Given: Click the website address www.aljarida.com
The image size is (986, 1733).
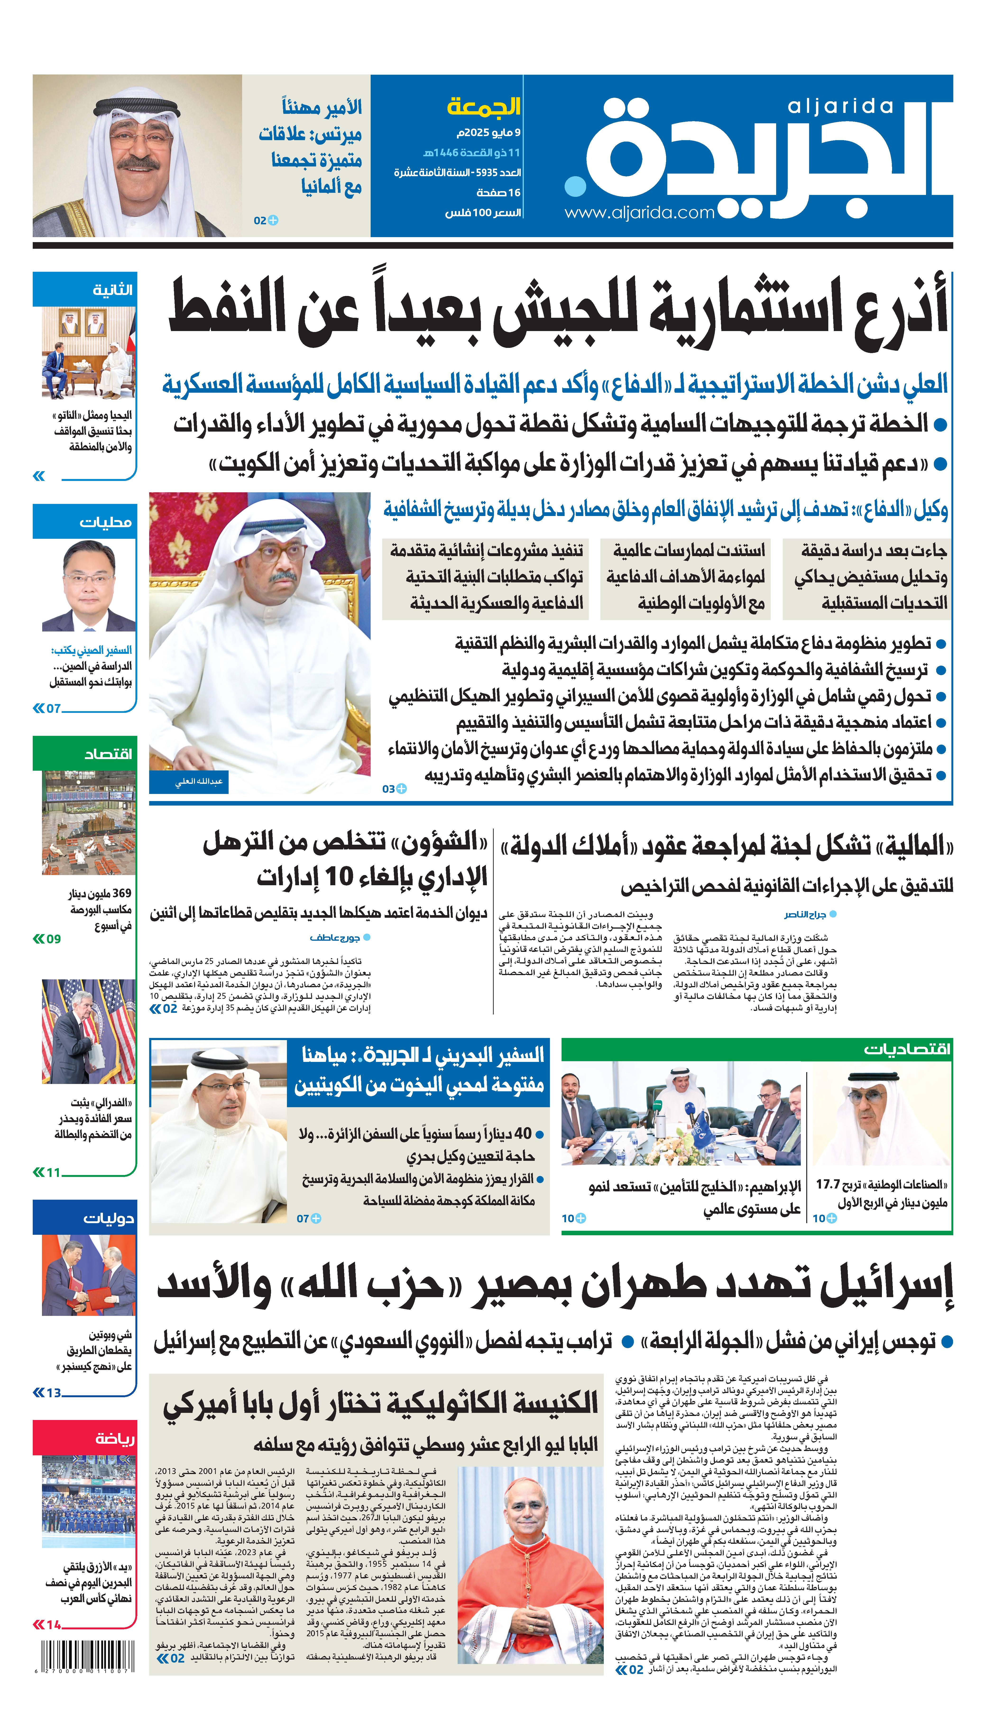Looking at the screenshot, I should click(x=639, y=213).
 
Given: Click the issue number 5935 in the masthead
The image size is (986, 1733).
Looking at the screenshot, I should click(x=486, y=173).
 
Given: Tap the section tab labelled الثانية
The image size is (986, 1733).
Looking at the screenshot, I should click(x=112, y=290).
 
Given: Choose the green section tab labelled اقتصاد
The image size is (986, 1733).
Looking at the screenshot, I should click(x=108, y=754).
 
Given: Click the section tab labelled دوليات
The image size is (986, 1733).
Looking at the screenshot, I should click(x=108, y=1218).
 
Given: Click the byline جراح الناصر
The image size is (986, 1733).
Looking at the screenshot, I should click(x=805, y=914).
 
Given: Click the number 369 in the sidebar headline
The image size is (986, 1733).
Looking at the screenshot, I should click(x=122, y=893).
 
